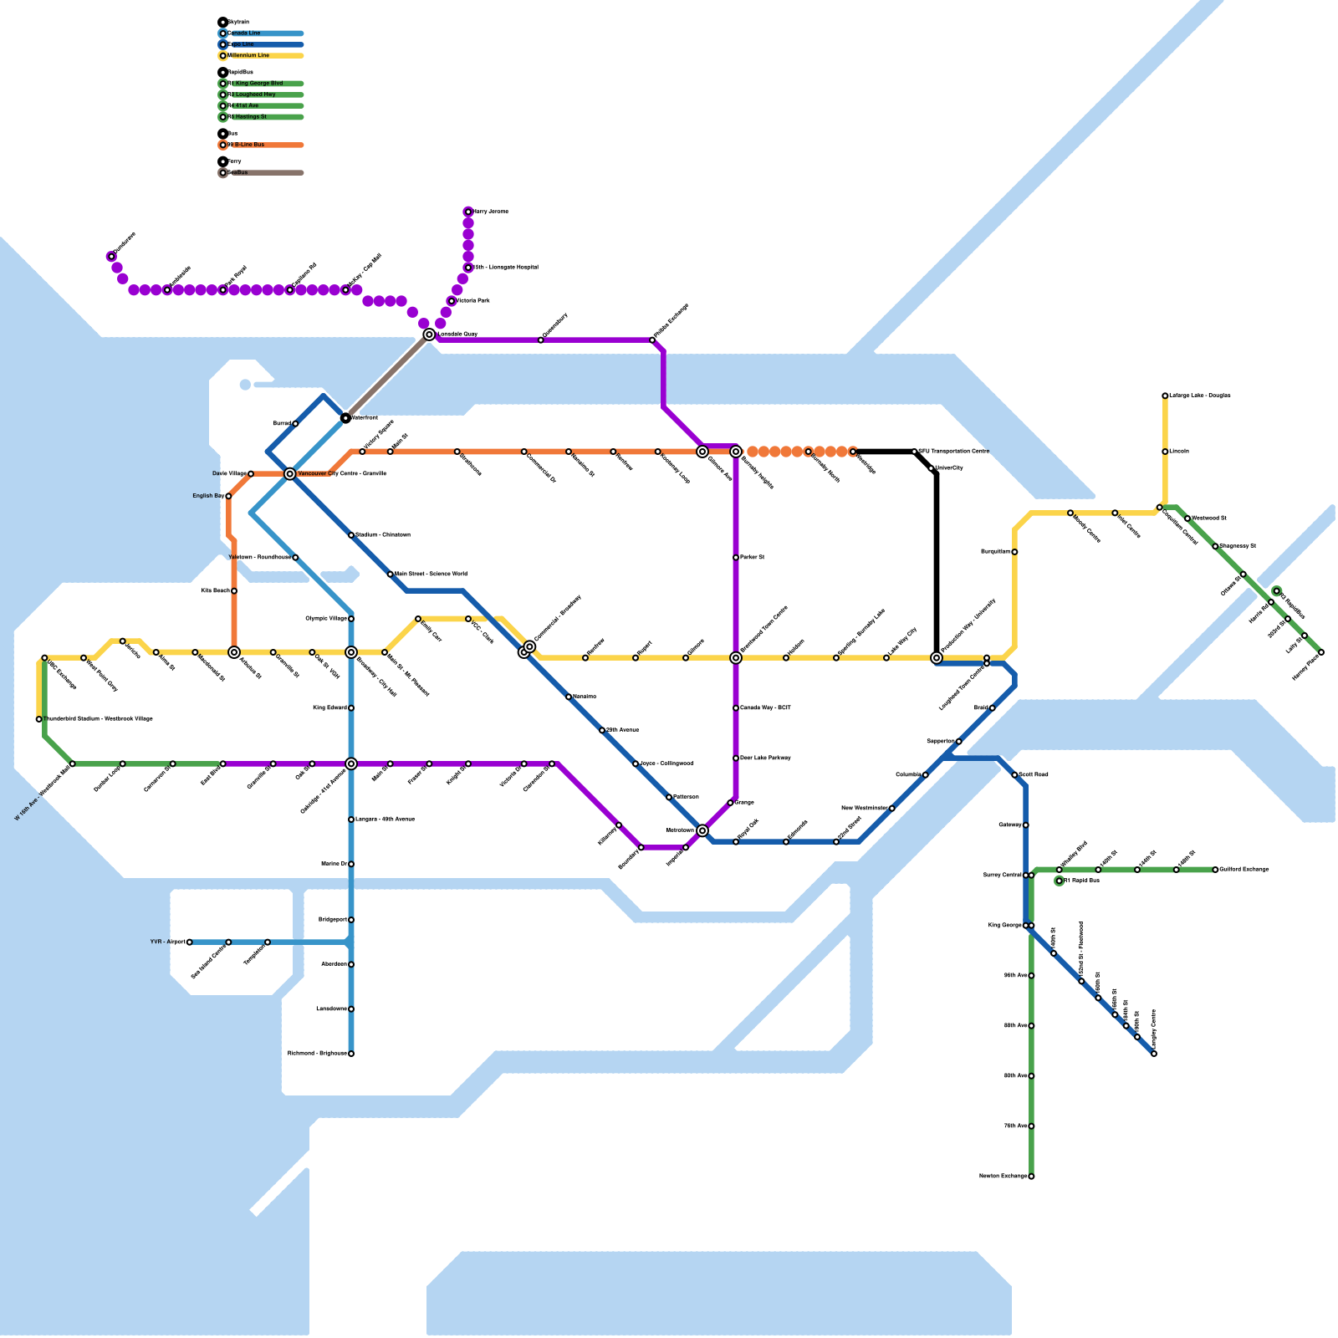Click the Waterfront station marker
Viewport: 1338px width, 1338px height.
[345, 418]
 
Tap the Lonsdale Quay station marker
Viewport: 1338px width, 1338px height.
[429, 334]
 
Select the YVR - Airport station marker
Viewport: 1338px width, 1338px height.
[190, 942]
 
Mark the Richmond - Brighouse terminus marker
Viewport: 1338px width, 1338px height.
[351, 1054]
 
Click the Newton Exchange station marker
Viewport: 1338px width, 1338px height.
[1031, 1177]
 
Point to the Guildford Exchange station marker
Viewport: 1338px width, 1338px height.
[1215, 870]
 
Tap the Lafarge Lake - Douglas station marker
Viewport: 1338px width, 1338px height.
[1165, 396]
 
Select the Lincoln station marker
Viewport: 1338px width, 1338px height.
[1165, 452]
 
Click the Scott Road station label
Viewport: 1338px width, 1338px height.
[1034, 775]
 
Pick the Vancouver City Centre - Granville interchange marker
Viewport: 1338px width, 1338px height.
[290, 474]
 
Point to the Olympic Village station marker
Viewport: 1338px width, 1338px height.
[351, 619]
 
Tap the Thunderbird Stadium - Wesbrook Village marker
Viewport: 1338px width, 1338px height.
[39, 719]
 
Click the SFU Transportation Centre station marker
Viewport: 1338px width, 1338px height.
[914, 452]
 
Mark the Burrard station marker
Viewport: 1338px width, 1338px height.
[295, 424]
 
